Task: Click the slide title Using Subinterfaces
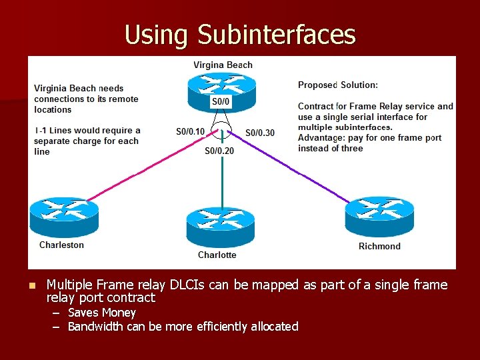240,34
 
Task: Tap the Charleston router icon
64,215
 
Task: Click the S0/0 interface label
221,101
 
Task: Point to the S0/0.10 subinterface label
191,132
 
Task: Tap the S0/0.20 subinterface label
219,151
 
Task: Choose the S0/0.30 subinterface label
260,133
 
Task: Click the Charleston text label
62,245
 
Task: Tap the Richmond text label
379,246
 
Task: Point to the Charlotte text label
217,255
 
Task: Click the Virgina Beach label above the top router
223,65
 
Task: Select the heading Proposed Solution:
338,85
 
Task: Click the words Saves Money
102,313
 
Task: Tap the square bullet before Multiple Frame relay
31,285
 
